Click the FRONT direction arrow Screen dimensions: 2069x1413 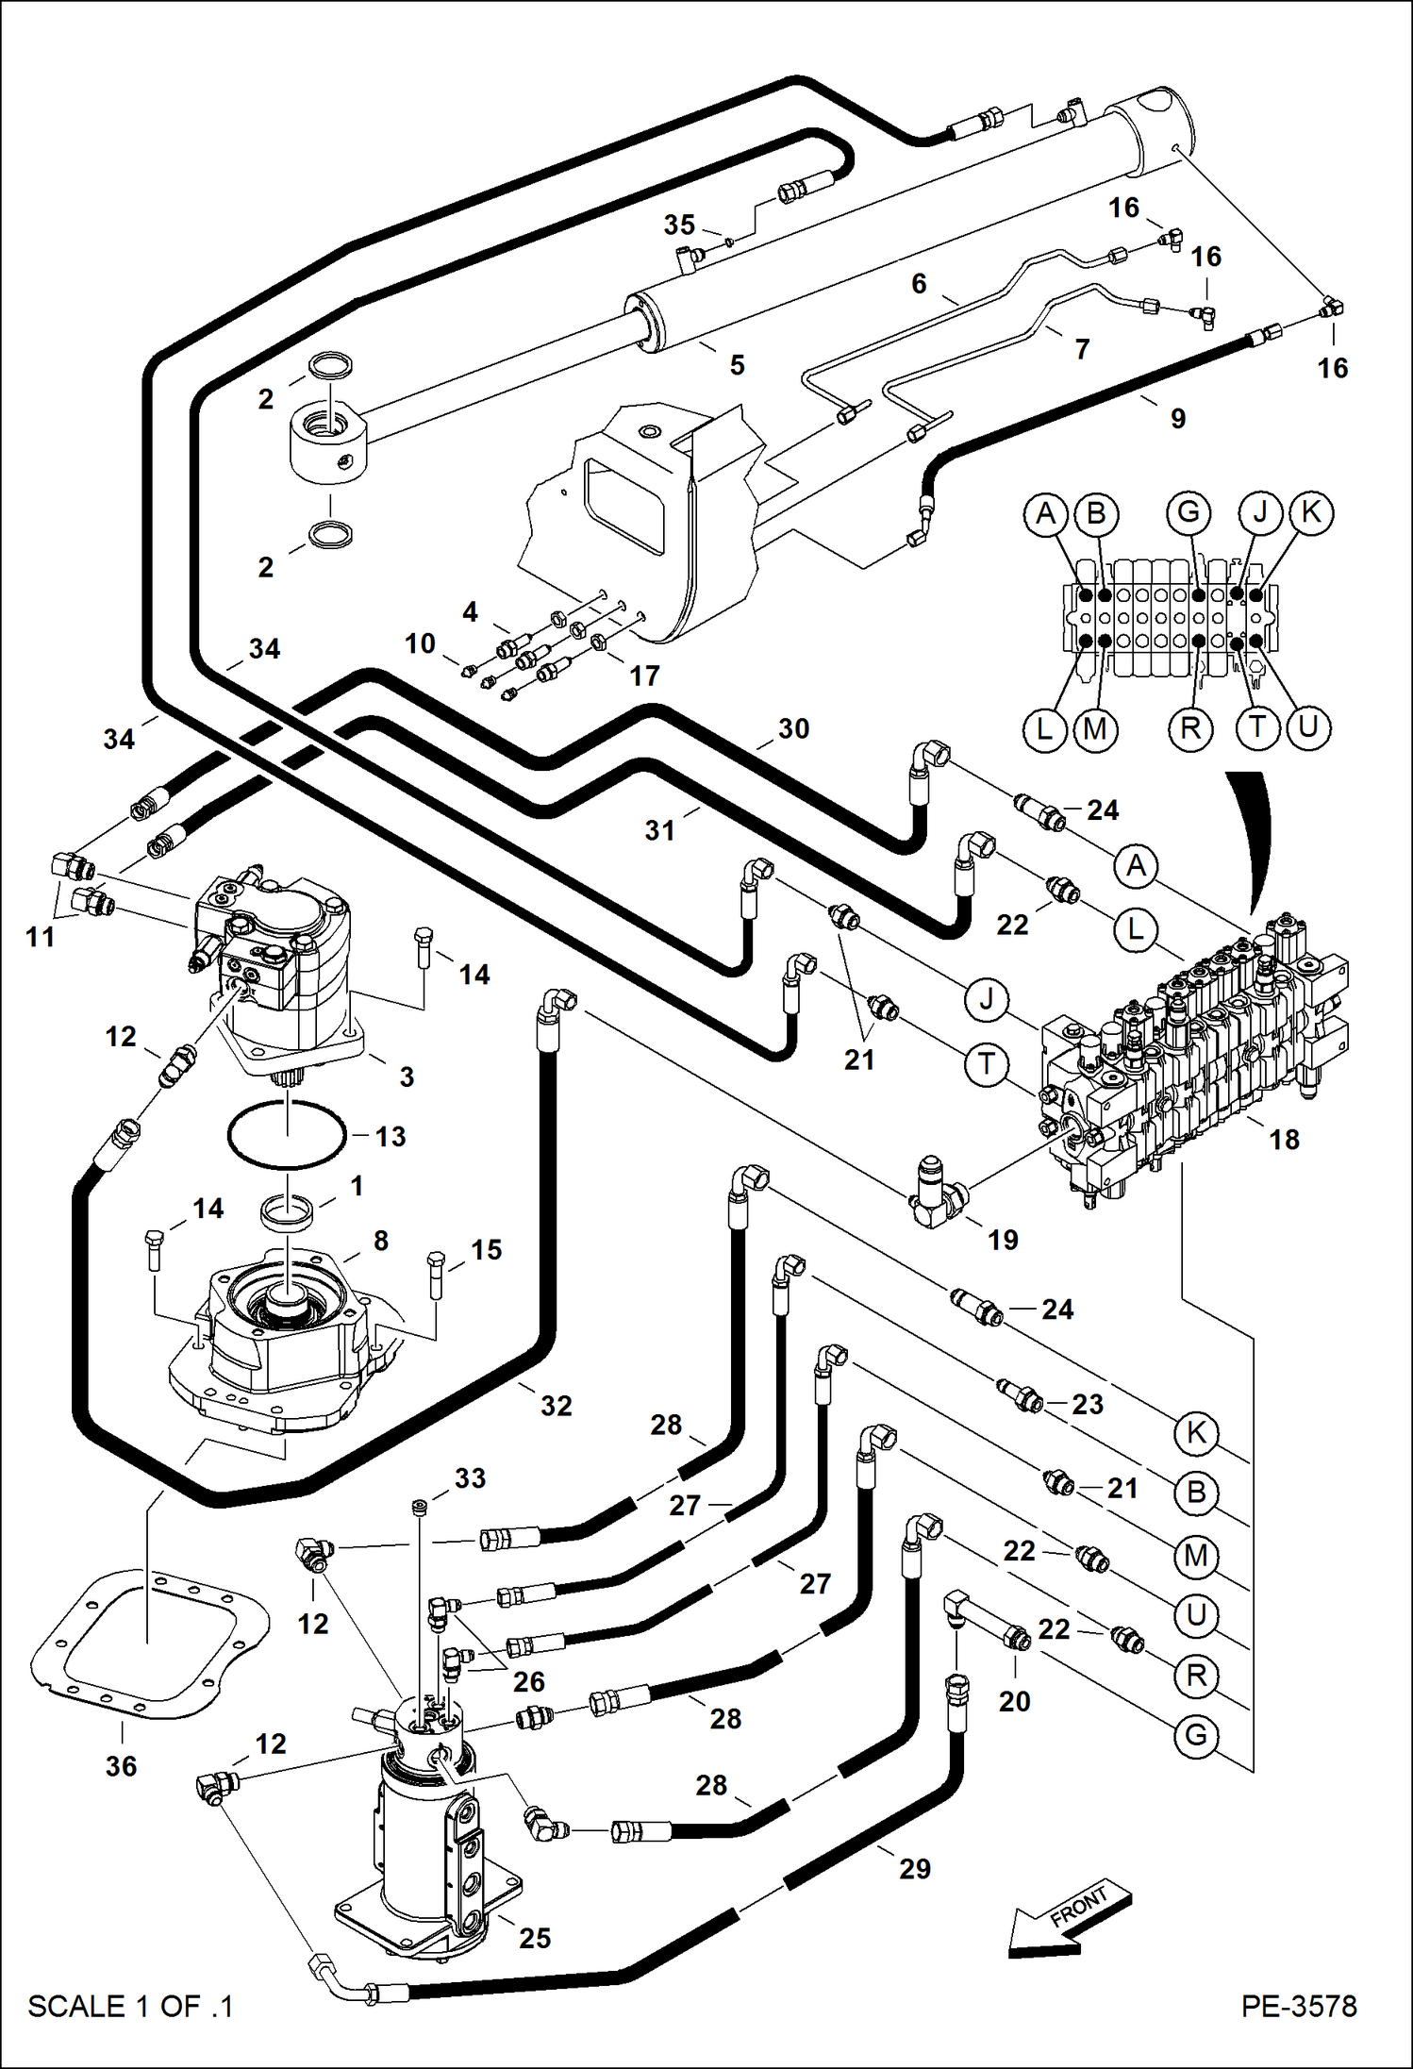point(1066,1921)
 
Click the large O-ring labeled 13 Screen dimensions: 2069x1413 point(287,1135)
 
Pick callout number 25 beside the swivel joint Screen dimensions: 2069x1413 point(535,1938)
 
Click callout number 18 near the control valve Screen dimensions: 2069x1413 point(1284,1139)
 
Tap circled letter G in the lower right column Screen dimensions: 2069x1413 point(1196,1734)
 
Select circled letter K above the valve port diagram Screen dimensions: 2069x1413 point(1311,512)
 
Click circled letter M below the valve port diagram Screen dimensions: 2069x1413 point(1095,729)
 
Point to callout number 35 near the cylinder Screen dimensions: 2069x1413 point(679,225)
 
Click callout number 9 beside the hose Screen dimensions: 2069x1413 point(1178,418)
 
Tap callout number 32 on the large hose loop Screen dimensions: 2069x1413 point(556,1406)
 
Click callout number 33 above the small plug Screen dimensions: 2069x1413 point(470,1477)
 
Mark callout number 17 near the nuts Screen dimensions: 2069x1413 point(644,676)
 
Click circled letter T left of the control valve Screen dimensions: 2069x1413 point(987,1064)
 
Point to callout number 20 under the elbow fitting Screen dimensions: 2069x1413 point(1014,1701)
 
